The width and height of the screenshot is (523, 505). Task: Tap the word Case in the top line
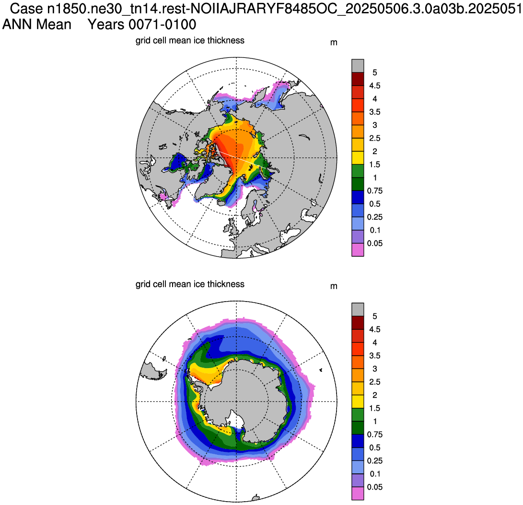click(x=27, y=9)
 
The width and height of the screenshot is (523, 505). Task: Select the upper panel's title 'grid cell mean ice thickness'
click(x=190, y=41)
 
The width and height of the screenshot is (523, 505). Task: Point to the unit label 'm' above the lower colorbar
click(x=334, y=286)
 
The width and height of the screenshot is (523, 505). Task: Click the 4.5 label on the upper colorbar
click(x=374, y=86)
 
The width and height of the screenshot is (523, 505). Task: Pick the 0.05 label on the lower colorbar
click(x=374, y=487)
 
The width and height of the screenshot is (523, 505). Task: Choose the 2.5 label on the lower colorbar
click(x=374, y=382)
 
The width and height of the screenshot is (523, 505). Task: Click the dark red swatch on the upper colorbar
click(x=358, y=79)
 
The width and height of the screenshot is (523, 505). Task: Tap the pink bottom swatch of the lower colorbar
click(x=358, y=494)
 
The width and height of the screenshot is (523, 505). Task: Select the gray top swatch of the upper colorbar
click(x=358, y=66)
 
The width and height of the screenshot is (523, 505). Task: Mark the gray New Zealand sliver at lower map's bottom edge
click(x=255, y=498)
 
